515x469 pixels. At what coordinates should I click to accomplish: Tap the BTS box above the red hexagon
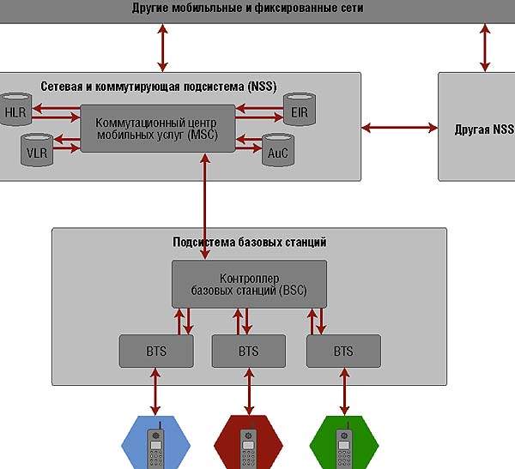pos(248,351)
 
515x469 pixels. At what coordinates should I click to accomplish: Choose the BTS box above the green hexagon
pos(342,351)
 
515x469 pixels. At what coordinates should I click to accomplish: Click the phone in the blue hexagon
pos(155,443)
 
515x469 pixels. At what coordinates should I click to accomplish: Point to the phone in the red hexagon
pos(248,443)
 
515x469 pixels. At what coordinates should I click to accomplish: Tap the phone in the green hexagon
pos(342,443)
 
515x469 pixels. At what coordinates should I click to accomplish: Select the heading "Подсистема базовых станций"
pos(249,242)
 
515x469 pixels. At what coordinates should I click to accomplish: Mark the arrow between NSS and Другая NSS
pos(399,129)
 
